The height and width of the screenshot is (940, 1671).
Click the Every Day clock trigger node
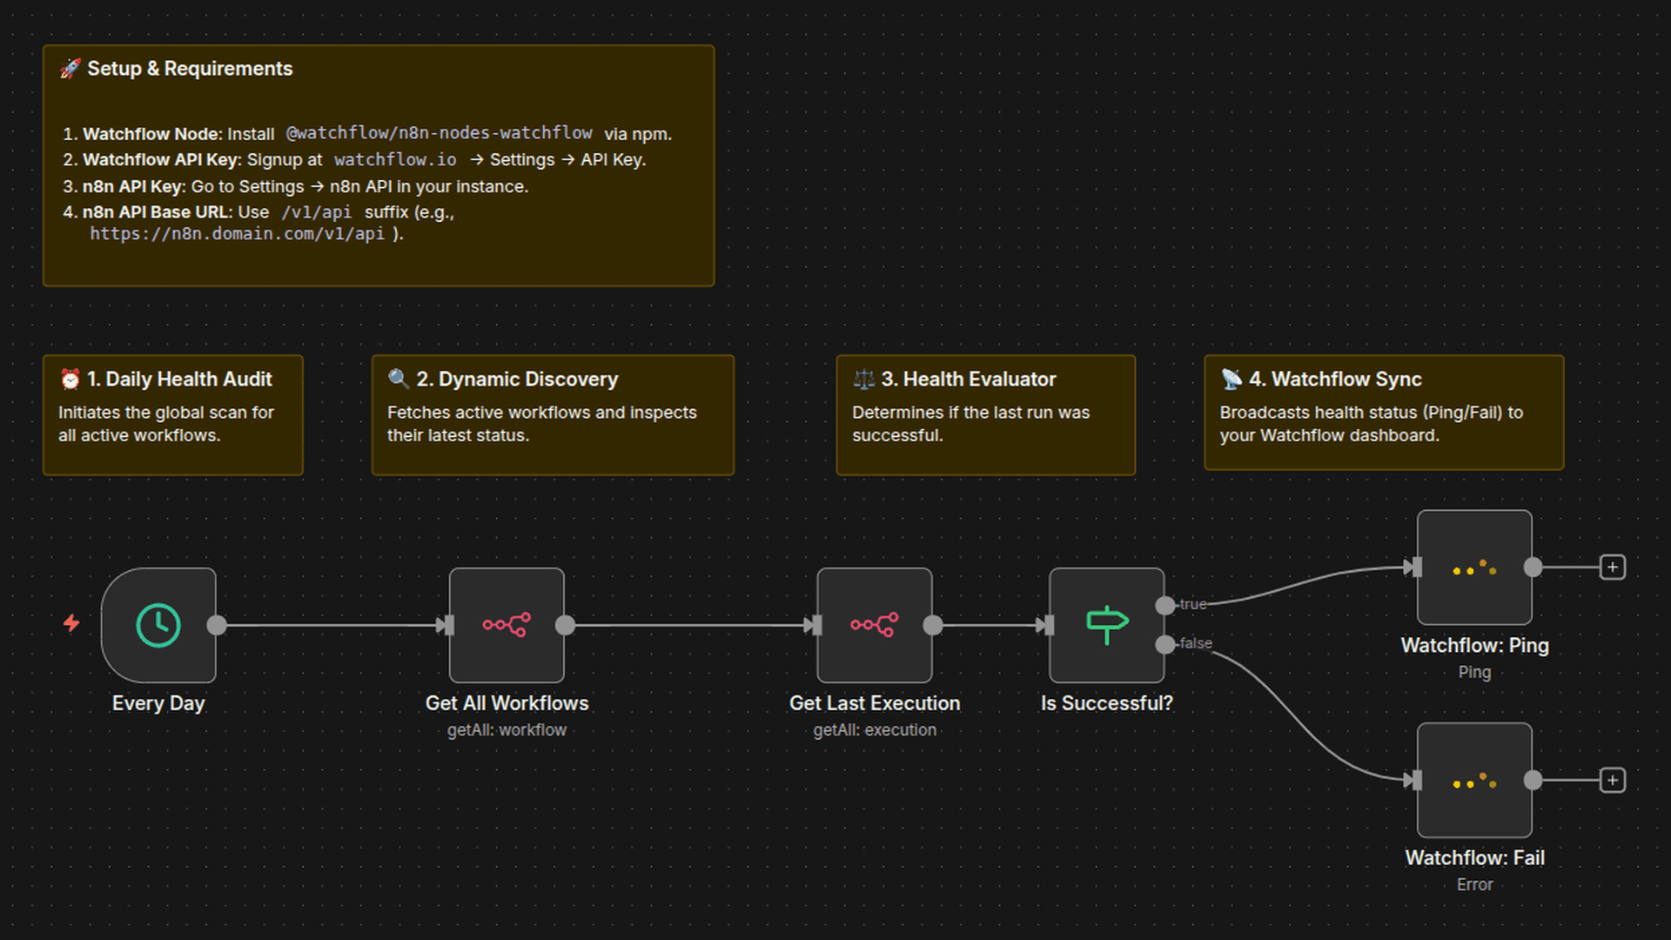158,625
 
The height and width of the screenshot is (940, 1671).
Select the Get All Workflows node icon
507,625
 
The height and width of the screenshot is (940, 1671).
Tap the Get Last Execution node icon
875,625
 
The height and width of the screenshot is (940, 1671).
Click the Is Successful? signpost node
1106,625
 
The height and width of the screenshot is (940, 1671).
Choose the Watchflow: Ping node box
1474,567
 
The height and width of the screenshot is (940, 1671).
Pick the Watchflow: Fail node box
1474,780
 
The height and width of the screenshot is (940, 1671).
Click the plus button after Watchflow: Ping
1613,567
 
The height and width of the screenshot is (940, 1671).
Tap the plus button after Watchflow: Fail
1613,780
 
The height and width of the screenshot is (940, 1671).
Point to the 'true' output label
1192,604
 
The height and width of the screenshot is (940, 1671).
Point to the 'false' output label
1196,643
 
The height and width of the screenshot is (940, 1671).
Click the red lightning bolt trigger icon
71,623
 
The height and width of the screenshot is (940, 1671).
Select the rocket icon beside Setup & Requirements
70,69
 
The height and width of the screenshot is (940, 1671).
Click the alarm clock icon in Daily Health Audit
70,379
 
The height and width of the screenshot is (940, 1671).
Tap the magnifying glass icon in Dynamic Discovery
399,379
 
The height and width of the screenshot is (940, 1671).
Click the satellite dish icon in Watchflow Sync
1231,379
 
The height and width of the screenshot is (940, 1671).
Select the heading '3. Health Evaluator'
968,379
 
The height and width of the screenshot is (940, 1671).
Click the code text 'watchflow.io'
395,160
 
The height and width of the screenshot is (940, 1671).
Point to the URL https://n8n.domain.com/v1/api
238,234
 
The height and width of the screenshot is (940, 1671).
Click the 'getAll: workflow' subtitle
507,730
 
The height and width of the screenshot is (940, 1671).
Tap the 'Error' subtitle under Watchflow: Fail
1474,884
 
